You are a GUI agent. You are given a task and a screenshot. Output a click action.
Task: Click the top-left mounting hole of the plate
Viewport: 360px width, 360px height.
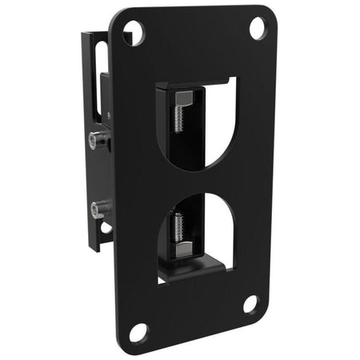[x=134, y=33]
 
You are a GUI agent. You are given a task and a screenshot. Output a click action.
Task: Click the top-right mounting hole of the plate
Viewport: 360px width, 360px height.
[x=257, y=27]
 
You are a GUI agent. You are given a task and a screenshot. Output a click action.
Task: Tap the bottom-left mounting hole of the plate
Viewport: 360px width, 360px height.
[x=138, y=330]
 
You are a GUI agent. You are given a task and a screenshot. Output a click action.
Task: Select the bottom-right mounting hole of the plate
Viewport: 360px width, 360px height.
[x=250, y=304]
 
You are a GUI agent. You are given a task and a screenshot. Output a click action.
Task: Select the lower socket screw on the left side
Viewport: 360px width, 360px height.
[x=99, y=211]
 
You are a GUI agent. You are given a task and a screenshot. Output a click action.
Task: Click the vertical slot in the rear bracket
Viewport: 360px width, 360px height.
[x=99, y=72]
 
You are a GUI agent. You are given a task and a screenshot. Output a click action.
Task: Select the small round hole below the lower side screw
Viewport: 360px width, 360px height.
[x=104, y=228]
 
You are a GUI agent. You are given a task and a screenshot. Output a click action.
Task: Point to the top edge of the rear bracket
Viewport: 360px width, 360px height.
[x=94, y=35]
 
